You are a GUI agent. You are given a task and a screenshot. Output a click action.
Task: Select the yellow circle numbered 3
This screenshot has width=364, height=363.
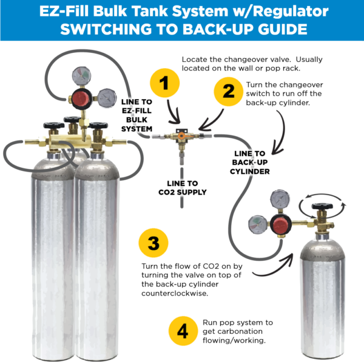tap(153, 244)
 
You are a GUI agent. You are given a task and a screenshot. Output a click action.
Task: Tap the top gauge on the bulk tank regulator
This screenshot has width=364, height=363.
tap(82, 75)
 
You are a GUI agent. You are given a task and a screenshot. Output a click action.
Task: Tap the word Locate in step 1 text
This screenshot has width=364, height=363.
tap(194, 60)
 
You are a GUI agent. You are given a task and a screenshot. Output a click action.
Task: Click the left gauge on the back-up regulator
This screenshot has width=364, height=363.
tap(256, 223)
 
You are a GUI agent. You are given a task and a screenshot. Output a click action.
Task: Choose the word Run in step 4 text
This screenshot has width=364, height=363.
tap(209, 322)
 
